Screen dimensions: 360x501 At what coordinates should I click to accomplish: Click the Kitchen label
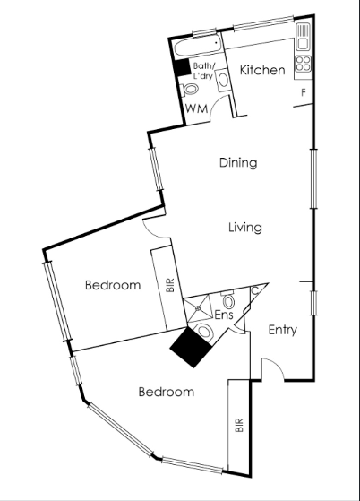pyautogui.click(x=262, y=70)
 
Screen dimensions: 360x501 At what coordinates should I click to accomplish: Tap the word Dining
pyautogui.click(x=238, y=162)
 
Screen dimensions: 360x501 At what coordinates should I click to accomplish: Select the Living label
pyautogui.click(x=245, y=228)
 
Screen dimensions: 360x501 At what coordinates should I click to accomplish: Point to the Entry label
pyautogui.click(x=283, y=330)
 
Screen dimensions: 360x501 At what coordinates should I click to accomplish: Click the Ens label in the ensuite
pyautogui.click(x=224, y=315)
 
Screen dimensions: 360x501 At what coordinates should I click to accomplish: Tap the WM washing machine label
pyautogui.click(x=197, y=108)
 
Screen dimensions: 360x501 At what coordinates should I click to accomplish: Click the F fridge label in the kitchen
pyautogui.click(x=304, y=92)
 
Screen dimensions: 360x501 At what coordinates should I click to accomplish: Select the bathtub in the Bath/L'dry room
pyautogui.click(x=198, y=48)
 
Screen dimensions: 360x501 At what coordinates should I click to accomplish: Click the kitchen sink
pyautogui.click(x=303, y=38)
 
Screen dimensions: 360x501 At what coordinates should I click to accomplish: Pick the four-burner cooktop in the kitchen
pyautogui.click(x=304, y=64)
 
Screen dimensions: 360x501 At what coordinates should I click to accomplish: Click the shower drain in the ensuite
pyautogui.click(x=198, y=308)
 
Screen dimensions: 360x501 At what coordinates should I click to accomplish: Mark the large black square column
pyautogui.click(x=191, y=348)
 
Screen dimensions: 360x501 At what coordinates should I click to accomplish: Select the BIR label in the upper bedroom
pyautogui.click(x=170, y=285)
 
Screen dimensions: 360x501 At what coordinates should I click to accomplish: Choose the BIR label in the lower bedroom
pyautogui.click(x=239, y=426)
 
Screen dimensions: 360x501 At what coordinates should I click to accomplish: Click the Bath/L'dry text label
pyautogui.click(x=204, y=71)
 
